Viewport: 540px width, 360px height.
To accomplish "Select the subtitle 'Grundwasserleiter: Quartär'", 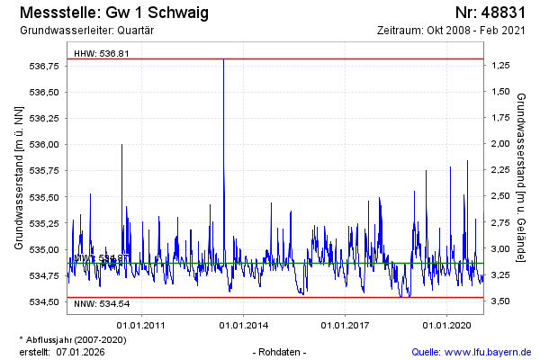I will pyautogui.click(x=86, y=31).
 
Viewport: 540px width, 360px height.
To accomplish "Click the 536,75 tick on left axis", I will pyautogui.click(x=44, y=66).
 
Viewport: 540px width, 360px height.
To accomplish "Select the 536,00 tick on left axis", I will pyautogui.click(x=44, y=144).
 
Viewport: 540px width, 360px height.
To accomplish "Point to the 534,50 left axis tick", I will pyautogui.click(x=44, y=301).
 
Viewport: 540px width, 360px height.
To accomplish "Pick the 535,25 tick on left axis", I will pyautogui.click(x=44, y=222).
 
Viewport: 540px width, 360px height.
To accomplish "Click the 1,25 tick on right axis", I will pyautogui.click(x=501, y=66).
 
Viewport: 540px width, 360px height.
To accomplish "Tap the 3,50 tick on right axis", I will pyautogui.click(x=501, y=301).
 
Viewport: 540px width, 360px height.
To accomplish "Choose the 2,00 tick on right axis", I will pyautogui.click(x=501, y=144).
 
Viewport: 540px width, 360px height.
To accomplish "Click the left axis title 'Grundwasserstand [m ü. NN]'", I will pyautogui.click(x=18, y=176).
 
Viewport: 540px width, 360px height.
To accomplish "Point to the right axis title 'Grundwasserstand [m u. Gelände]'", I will pyautogui.click(x=522, y=176).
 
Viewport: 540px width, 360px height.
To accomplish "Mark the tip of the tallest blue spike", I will pyautogui.click(x=223, y=59).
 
